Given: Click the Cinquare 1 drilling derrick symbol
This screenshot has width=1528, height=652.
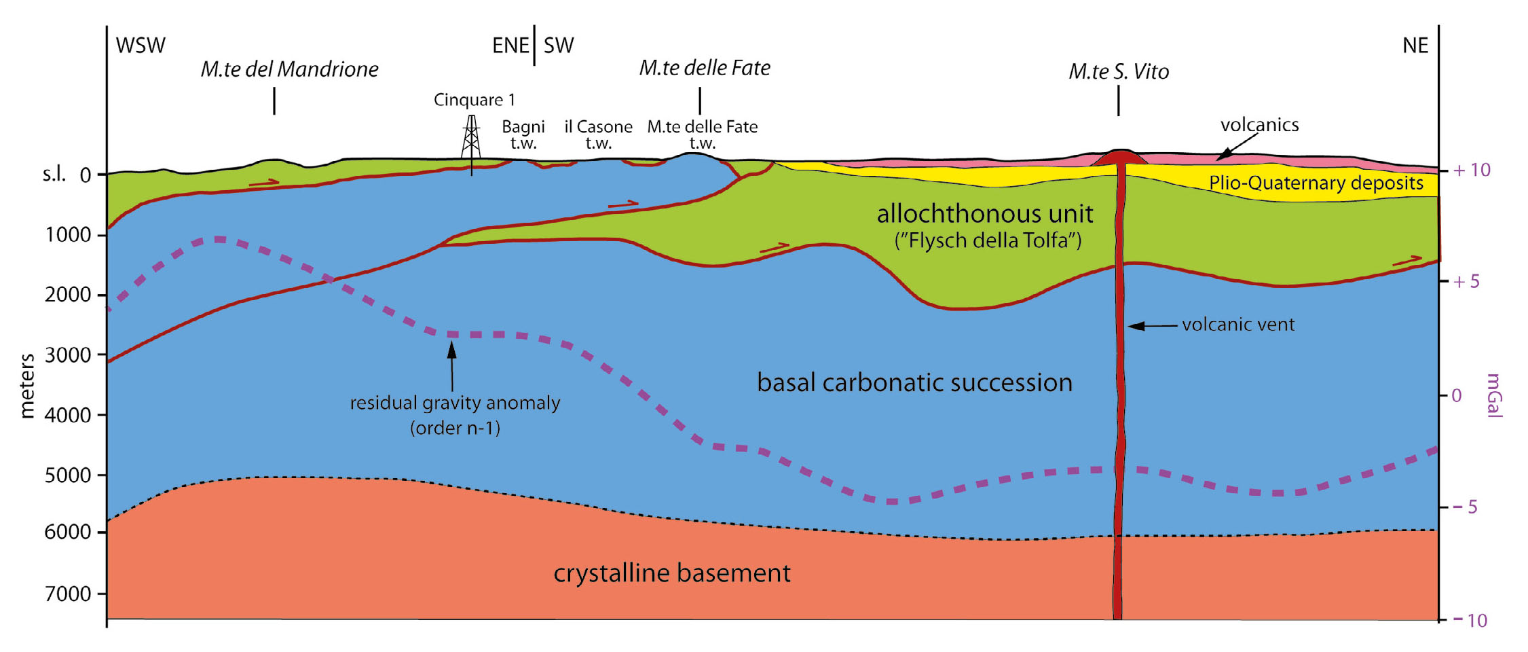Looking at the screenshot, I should [x=471, y=139].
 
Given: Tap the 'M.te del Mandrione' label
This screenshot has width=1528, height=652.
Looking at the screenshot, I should [x=289, y=69].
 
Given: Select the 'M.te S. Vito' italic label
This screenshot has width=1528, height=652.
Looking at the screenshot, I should [x=1118, y=72].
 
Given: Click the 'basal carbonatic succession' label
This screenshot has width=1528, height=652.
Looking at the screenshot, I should [x=914, y=383].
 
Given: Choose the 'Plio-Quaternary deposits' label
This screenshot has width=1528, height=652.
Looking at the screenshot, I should [x=1316, y=183].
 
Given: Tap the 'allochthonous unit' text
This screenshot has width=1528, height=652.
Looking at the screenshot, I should [x=984, y=215].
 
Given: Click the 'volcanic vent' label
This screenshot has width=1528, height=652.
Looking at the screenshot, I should [x=1237, y=325].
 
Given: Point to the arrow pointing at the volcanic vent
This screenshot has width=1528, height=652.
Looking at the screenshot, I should [x=1152, y=326].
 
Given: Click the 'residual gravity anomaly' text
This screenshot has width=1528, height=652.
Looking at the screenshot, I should [x=455, y=403].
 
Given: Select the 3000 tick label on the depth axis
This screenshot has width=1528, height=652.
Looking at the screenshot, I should [x=67, y=355].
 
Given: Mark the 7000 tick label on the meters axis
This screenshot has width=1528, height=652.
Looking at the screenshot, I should [x=67, y=594].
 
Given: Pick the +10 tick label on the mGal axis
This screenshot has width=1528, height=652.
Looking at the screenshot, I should [x=1471, y=170].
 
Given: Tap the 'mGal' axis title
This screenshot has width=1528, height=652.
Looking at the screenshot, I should [x=1494, y=395].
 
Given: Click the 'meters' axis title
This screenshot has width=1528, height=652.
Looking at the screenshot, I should [x=28, y=386].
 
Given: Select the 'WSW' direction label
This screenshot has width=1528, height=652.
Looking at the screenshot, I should [x=141, y=46].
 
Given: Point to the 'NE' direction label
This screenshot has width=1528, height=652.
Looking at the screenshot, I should [x=1415, y=46].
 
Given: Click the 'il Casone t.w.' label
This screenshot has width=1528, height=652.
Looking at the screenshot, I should [x=598, y=134].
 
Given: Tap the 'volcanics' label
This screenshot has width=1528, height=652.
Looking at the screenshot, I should [x=1259, y=125].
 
